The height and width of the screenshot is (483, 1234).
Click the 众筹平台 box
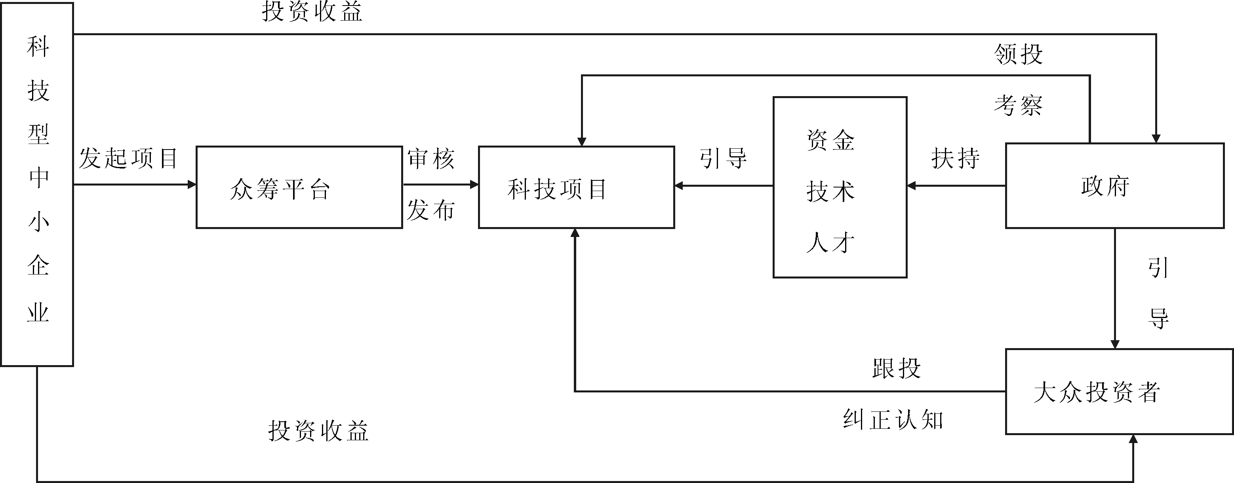coord(299,187)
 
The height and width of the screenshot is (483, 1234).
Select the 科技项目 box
coord(576,187)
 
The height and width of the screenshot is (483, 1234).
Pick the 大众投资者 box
coord(1118,392)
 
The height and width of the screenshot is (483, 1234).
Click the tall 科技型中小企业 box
coord(37,184)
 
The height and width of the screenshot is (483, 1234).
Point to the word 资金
coord(830,140)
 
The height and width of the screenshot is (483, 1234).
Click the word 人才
coord(830,243)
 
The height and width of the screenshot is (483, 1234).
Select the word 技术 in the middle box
coord(830,191)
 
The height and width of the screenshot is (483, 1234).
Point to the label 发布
coord(430,210)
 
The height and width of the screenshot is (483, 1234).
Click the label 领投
coord(1019,54)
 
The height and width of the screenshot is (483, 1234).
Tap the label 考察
coord(1019,105)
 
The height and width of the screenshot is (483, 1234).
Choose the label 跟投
coord(896,368)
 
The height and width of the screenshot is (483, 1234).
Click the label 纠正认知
coord(893,420)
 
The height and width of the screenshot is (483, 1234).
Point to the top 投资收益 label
coord(312,11)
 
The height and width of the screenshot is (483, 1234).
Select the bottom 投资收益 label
coord(318,431)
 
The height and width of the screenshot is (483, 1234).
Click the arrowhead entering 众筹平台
coord(192,184)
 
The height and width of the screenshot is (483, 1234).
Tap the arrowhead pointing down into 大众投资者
coord(1115,344)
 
